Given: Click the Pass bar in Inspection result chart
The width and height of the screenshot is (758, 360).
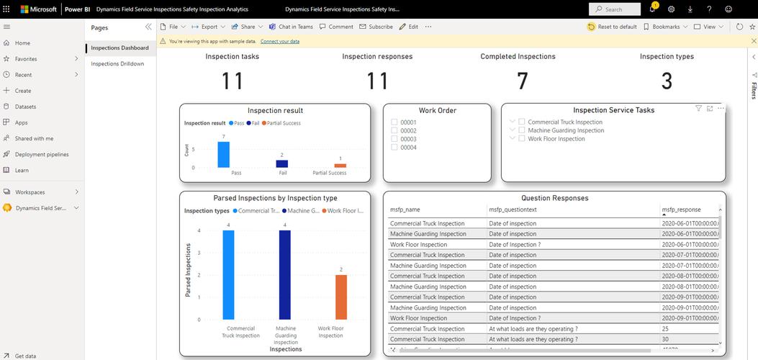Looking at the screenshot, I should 224,155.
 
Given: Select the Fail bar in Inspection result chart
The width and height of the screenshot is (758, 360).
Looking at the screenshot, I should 282,163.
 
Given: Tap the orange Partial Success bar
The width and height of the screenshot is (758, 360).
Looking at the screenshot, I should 340,166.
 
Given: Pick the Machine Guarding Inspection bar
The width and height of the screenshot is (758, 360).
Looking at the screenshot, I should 284,274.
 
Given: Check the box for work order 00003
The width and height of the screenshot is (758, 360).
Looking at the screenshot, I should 394,139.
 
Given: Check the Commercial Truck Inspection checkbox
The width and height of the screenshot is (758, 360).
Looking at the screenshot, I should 522,122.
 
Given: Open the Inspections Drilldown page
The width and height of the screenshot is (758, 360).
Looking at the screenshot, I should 117,63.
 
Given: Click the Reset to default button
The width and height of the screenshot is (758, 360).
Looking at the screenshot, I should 613,27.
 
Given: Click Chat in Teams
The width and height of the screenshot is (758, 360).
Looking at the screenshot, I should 291,27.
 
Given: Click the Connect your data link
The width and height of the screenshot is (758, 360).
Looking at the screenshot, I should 280,41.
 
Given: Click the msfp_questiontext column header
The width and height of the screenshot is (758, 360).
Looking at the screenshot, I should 513,210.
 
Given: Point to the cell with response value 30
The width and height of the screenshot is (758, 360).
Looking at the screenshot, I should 665,339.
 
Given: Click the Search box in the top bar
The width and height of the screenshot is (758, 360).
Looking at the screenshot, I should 615,9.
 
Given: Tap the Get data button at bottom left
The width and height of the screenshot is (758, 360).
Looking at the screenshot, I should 25,356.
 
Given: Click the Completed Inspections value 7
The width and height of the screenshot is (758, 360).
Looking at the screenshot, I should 523,81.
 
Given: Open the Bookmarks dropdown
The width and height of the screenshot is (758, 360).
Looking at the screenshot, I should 665,27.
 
